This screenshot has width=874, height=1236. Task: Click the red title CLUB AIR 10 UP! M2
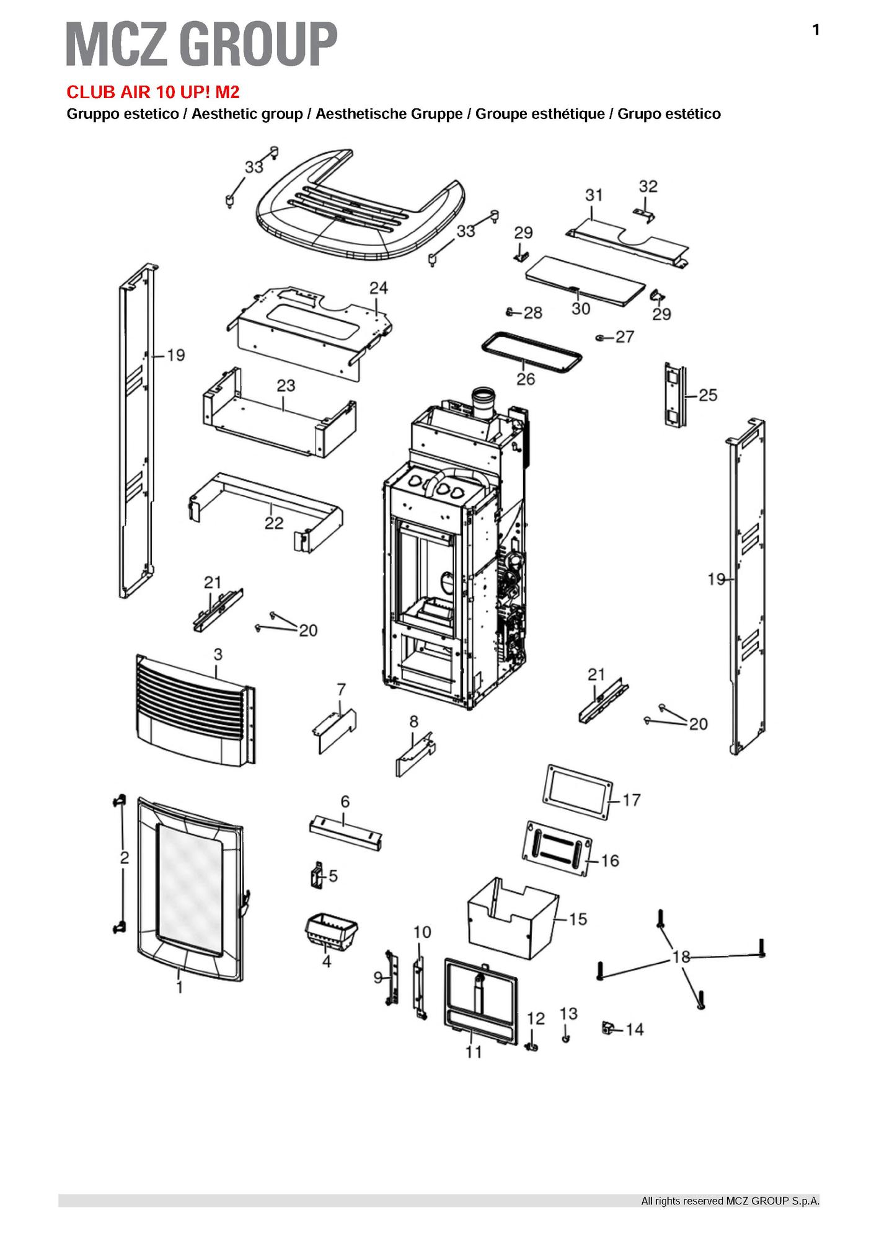152,92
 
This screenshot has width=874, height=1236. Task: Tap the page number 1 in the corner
816,30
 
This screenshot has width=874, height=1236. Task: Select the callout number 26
525,379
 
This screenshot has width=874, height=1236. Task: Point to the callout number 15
577,919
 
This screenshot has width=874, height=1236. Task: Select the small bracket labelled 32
645,214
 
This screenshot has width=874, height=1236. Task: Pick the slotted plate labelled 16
556,849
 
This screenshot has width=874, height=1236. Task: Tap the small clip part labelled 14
609,1028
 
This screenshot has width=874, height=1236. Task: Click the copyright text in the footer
730,1201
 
